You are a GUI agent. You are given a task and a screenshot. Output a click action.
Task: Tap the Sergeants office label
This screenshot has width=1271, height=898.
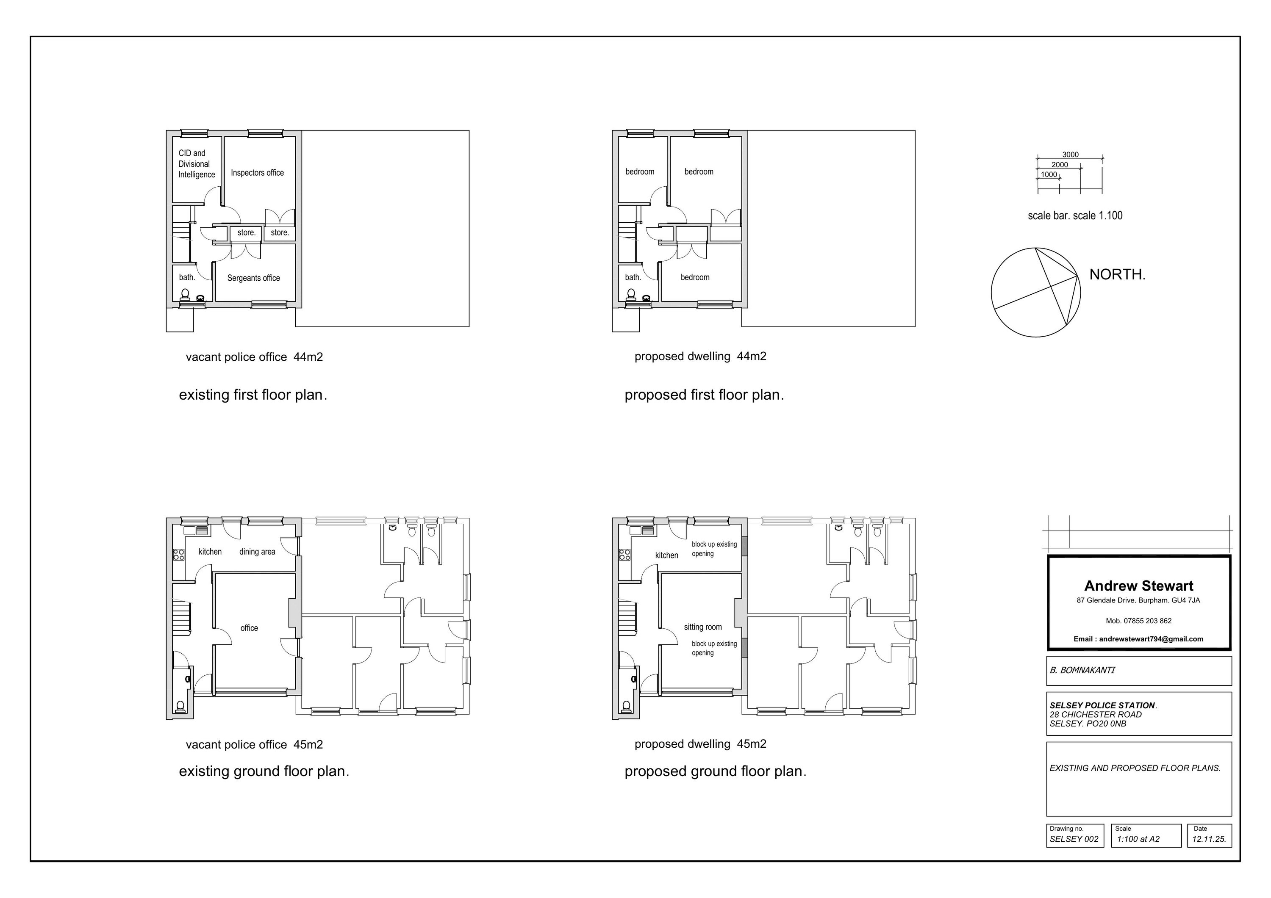coord(253,278)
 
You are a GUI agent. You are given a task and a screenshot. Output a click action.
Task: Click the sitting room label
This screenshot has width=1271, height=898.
coord(702,627)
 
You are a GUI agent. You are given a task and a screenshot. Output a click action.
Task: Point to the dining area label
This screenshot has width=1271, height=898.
coord(257,552)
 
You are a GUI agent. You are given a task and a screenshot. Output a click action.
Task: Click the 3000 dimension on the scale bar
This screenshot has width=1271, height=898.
coord(1070,155)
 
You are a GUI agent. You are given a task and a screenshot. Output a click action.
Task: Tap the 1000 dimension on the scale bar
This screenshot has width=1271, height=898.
coord(1049,175)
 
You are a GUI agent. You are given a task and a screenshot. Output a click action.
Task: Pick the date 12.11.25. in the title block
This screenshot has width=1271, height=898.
coord(1208,839)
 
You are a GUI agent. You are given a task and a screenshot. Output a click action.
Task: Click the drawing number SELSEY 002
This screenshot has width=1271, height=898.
coord(1074,839)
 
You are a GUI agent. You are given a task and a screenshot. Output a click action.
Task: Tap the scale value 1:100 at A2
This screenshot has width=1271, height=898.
coord(1138,839)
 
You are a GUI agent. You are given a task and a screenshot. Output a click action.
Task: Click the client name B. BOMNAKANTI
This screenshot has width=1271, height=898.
coord(1082,670)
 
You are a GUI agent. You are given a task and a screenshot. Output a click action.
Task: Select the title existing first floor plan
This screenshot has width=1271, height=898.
coord(253,395)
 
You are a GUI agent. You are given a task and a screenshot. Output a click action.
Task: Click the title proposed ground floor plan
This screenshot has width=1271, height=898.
coord(715,771)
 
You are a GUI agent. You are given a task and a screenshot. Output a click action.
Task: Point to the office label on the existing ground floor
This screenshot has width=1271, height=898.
coord(249,628)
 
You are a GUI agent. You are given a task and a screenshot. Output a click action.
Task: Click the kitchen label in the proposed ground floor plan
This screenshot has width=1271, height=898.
coord(666,555)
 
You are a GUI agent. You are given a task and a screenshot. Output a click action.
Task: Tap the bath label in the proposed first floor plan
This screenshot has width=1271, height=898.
coord(633,277)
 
